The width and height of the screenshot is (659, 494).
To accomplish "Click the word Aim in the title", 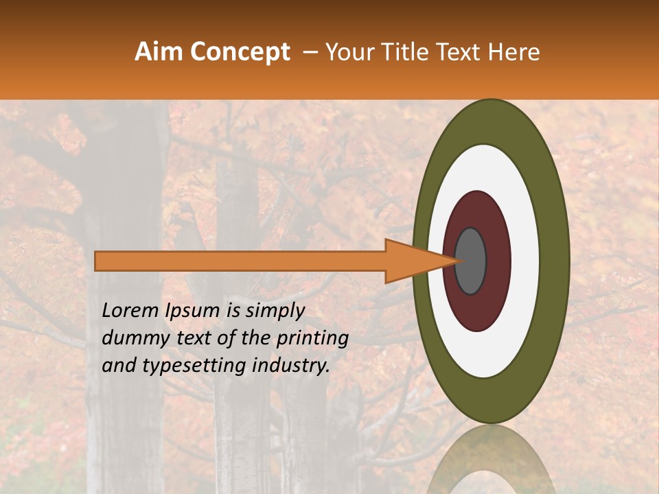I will [x=159, y=52].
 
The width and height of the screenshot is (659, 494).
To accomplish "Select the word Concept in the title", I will [x=240, y=52].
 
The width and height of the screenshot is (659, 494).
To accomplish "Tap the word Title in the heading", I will [x=409, y=52].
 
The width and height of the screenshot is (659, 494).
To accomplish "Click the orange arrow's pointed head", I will [x=412, y=261].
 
